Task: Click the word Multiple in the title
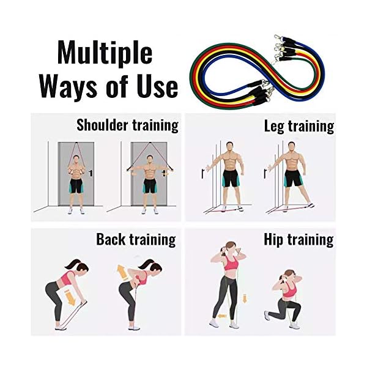click(x=104, y=53)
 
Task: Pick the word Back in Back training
click(x=113, y=239)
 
